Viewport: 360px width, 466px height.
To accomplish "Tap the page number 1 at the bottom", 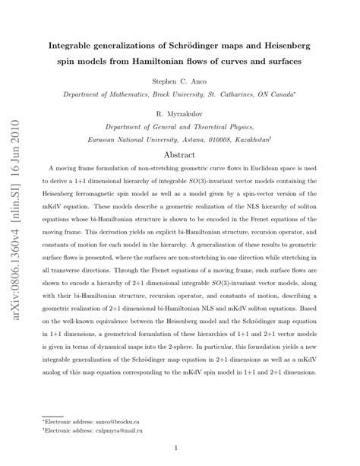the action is pos(179,448).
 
